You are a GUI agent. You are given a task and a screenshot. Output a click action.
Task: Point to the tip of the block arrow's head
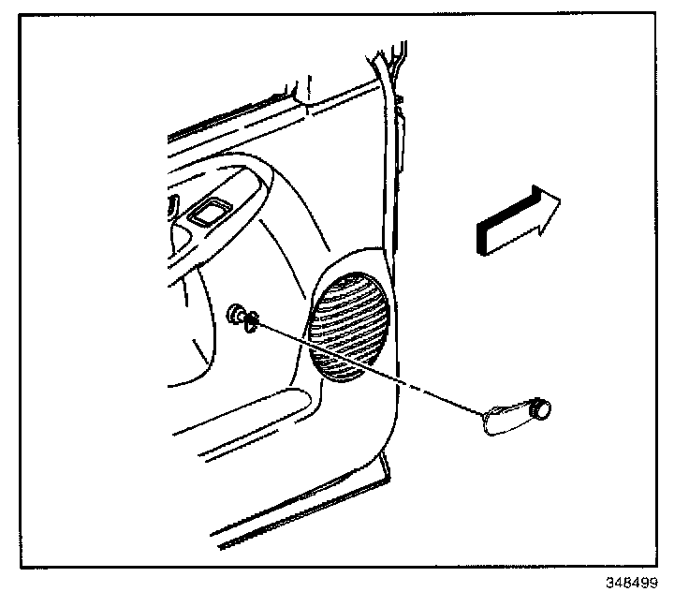(x=561, y=200)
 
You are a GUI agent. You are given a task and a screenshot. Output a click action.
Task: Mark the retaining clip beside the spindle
(x=251, y=322)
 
